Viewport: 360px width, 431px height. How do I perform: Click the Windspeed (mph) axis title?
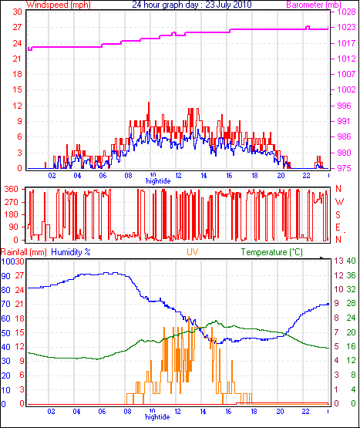tap(59, 5)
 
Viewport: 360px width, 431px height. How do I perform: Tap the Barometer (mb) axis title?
tap(314, 5)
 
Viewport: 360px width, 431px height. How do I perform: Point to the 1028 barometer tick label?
tap(347, 12)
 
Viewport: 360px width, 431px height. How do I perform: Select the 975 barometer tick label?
tap(344, 168)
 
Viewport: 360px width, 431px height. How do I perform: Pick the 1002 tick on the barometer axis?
tap(347, 89)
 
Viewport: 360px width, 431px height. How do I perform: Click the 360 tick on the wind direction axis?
tap(12, 189)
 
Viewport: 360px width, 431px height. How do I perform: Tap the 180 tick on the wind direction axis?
tap(12, 214)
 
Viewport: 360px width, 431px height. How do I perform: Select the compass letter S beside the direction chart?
tap(338, 214)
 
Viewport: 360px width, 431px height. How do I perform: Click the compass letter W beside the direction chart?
tap(340, 202)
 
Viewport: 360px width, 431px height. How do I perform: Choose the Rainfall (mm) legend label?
tap(23, 252)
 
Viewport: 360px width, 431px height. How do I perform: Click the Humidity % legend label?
tap(71, 252)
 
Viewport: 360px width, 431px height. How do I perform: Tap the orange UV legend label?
tap(193, 252)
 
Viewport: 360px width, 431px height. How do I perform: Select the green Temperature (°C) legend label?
tap(271, 252)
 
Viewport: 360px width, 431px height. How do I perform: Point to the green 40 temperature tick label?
tap(351, 261)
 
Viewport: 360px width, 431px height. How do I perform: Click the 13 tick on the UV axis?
tap(339, 261)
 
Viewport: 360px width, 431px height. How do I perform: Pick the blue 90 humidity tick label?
tap(5, 276)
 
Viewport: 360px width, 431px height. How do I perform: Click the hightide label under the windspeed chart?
tap(158, 181)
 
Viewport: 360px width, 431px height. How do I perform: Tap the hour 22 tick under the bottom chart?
tap(305, 412)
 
